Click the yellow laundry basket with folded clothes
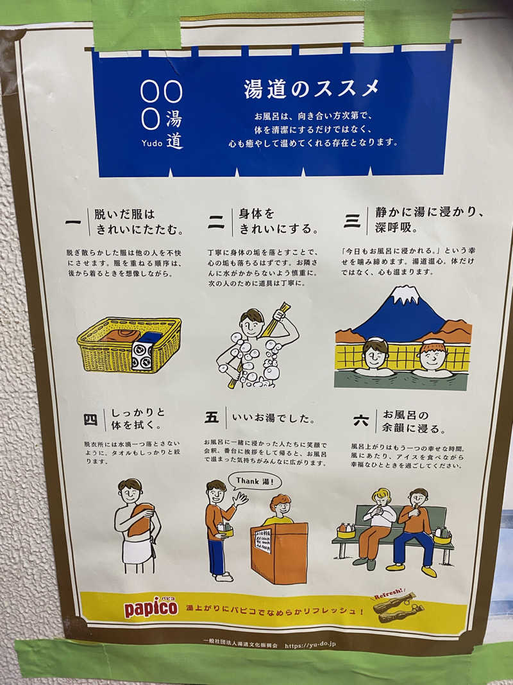click(x=129, y=344)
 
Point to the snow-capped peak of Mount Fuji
click(x=405, y=295)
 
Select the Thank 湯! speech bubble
click(x=258, y=481)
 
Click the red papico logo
click(x=151, y=607)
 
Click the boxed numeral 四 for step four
click(x=90, y=420)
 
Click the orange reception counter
click(x=279, y=551)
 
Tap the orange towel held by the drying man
click(x=140, y=519)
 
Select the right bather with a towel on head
click(x=433, y=356)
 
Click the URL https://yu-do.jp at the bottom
click(x=310, y=645)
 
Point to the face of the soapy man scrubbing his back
click(x=252, y=325)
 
